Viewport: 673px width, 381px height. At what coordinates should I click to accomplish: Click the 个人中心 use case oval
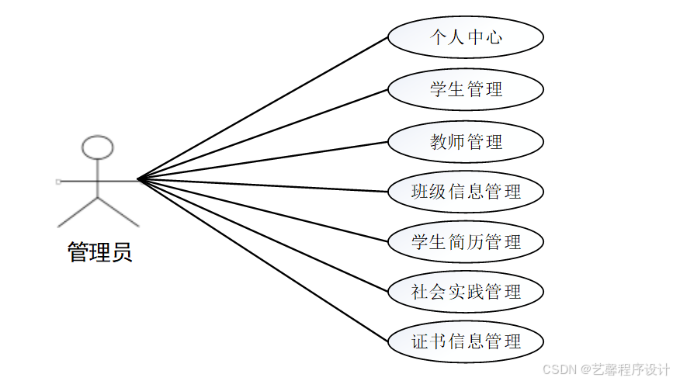[x=465, y=37]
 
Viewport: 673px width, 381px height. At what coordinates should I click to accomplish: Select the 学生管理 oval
[x=465, y=89]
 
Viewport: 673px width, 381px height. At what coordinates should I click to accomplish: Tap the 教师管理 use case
[x=465, y=142]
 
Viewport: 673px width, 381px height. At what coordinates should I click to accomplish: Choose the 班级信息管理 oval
[x=465, y=192]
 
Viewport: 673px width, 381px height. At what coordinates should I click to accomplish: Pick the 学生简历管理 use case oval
[x=465, y=242]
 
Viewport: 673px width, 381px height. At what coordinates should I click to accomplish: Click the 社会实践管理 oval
[x=465, y=292]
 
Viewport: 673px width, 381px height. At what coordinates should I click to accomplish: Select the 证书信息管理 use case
[x=465, y=341]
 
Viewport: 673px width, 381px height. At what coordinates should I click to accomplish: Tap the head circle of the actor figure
[x=98, y=147]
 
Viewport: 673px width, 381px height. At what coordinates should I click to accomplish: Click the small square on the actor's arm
[x=58, y=181]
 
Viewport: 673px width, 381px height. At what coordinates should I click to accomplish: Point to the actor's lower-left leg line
[x=78, y=212]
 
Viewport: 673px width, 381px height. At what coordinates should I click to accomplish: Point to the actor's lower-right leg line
[x=118, y=212]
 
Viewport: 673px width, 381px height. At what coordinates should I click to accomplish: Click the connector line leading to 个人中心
[x=264, y=108]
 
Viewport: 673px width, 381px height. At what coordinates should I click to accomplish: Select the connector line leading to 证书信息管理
[x=264, y=262]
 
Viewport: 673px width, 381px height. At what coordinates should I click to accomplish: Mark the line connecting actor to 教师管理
[x=264, y=161]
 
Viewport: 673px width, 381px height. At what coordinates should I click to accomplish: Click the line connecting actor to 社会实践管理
[x=264, y=236]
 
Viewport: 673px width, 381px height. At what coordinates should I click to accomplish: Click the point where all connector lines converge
[x=138, y=179]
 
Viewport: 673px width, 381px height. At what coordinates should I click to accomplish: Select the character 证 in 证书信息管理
[x=420, y=341]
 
